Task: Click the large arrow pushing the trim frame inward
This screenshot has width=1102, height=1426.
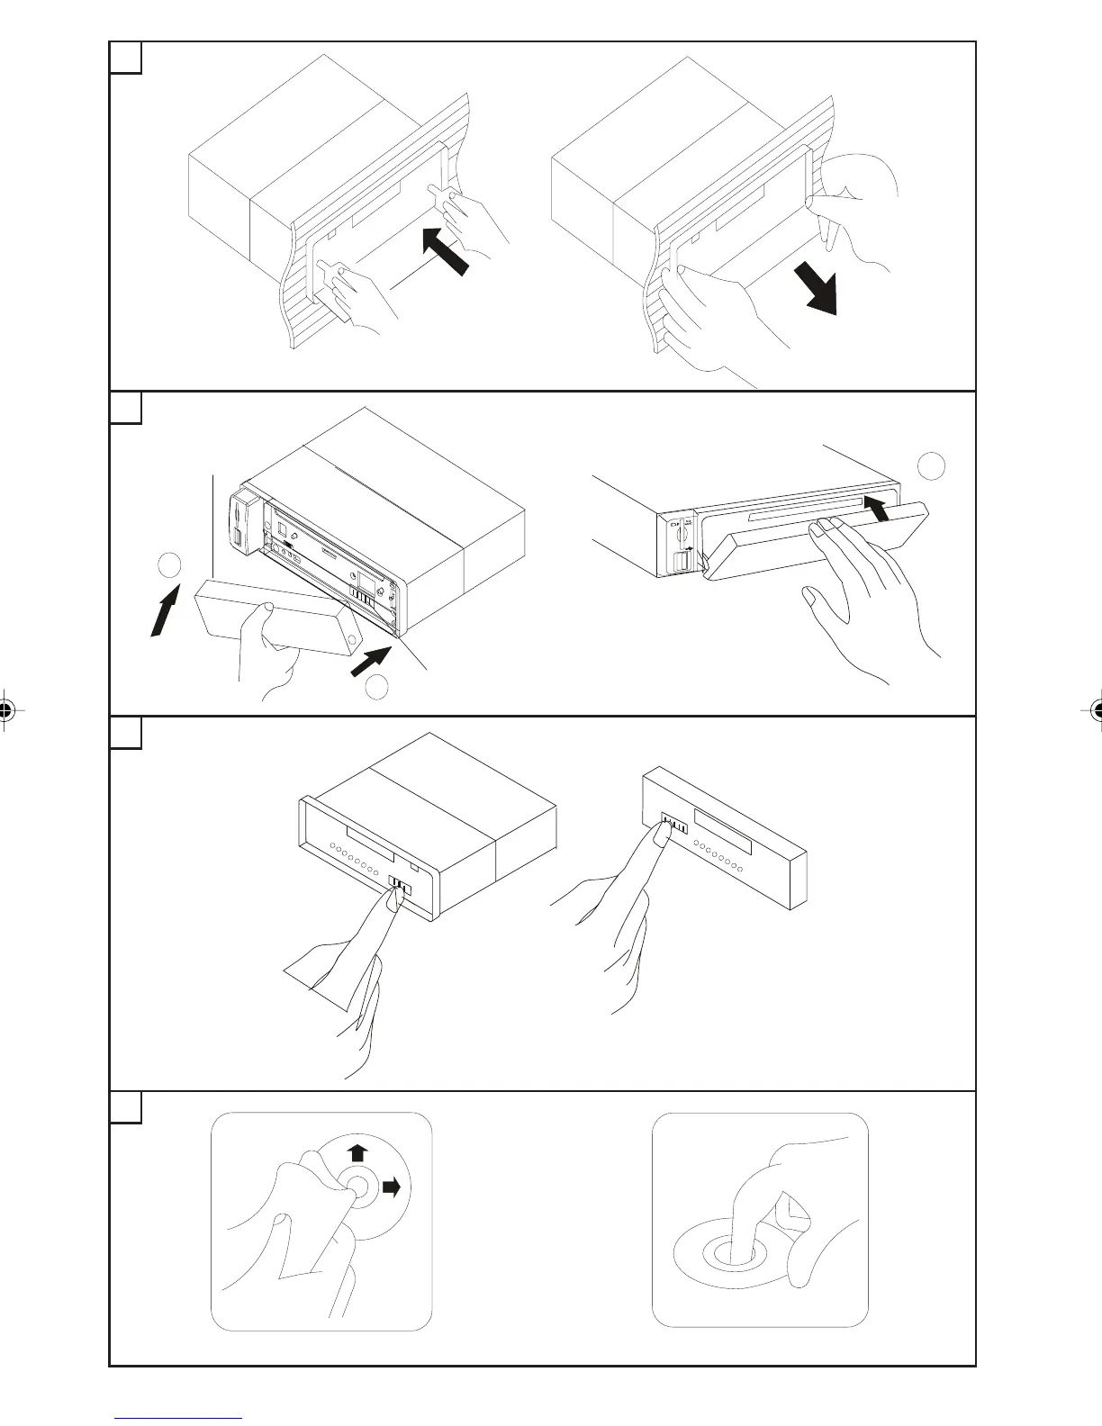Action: coord(445,251)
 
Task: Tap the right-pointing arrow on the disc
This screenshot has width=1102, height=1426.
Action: coord(392,1187)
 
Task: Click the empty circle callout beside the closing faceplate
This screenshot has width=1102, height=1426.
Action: coord(933,465)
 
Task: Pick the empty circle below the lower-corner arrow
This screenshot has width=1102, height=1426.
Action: coord(377,687)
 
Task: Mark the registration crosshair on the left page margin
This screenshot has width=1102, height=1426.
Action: coord(6,709)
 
